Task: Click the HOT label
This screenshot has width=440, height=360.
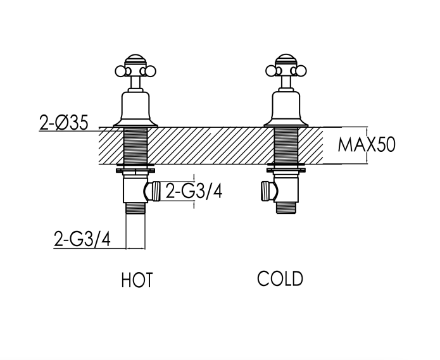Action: tap(137, 280)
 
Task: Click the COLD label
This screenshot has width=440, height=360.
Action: tap(280, 278)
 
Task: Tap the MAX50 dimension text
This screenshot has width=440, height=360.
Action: tap(367, 145)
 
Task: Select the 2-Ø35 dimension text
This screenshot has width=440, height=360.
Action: tap(64, 123)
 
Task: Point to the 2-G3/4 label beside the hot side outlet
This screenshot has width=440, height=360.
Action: tap(194, 191)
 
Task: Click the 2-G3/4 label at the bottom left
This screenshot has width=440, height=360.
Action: tap(82, 239)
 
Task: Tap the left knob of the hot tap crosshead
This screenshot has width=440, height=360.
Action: tap(120, 71)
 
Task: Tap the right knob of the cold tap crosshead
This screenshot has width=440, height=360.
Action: tap(301, 71)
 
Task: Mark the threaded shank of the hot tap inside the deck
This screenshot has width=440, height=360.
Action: tap(135, 146)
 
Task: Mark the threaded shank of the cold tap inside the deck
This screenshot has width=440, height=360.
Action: tap(286, 146)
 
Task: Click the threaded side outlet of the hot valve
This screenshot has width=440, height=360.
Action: tap(156, 191)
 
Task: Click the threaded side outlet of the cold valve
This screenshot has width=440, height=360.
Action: tap(266, 191)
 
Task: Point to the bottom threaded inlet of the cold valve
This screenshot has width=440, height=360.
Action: tap(286, 208)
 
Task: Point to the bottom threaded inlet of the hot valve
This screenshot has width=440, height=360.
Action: tap(135, 208)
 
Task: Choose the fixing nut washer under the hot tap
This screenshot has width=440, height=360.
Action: tap(135, 170)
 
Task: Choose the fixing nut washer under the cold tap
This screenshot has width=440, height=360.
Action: tap(286, 170)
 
